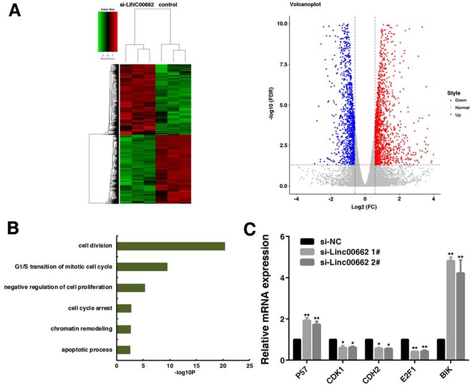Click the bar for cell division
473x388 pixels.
pos(171,246)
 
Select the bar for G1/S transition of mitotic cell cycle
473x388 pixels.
pos(142,267)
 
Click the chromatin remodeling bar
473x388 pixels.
pos(124,329)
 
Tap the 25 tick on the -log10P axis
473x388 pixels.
pos(249,366)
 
